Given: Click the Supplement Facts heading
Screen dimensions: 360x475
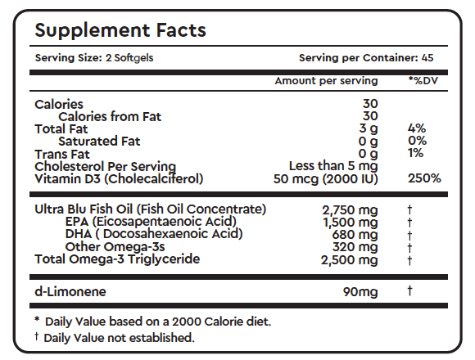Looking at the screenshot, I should pos(120,31).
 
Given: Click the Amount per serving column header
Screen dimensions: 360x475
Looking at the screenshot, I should pos(326,81).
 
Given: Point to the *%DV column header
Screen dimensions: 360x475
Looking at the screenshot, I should pos(423,81).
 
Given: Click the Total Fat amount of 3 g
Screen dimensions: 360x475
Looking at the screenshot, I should pos(368,129).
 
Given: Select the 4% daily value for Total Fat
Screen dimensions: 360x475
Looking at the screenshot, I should pos(417,129).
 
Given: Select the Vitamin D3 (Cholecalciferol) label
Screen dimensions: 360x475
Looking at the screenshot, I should pos(118,178).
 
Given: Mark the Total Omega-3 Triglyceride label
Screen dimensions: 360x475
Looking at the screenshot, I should pos(118,259).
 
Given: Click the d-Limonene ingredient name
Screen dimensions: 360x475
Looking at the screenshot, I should pos(70,291).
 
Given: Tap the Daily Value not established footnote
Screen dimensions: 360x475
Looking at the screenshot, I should pos(114,337).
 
